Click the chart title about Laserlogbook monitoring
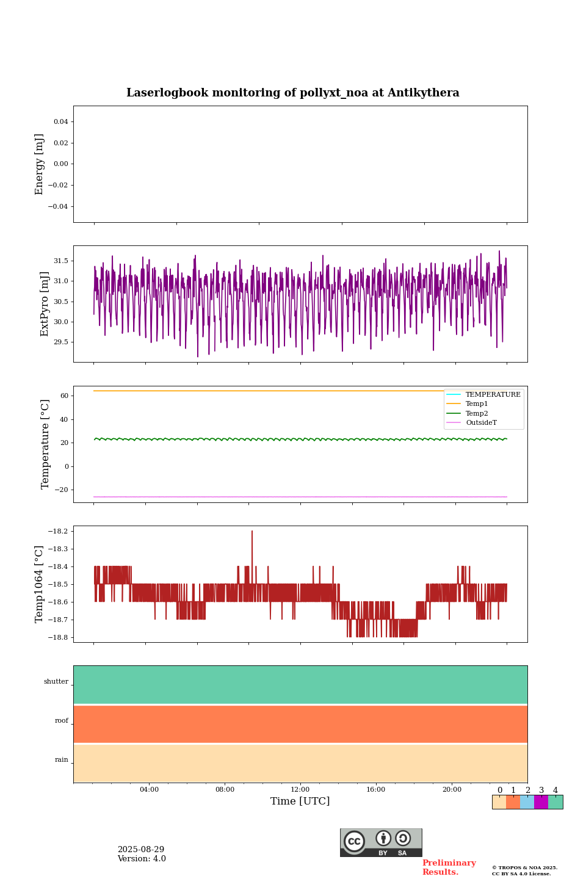293,93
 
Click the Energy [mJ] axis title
40,164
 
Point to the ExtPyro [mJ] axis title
44,304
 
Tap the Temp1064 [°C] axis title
40,584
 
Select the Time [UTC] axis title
300,801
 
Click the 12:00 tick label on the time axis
300,789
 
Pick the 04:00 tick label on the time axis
149,789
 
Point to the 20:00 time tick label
452,789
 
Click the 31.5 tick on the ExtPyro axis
60,261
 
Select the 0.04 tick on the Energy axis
60,122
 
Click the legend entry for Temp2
477,413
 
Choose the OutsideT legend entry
481,422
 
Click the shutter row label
56,682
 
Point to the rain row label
62,760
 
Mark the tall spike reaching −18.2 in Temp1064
251,532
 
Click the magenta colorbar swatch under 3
541,802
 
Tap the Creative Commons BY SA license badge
381,842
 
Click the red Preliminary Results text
449,867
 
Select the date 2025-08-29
141,850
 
